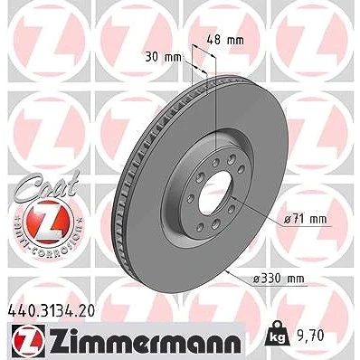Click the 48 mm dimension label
(x=225, y=40)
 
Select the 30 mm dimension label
(x=163, y=57)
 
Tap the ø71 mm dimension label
(x=306, y=219)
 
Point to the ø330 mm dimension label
(x=278, y=279)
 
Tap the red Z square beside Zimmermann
(x=29, y=341)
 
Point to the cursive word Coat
(x=48, y=185)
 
